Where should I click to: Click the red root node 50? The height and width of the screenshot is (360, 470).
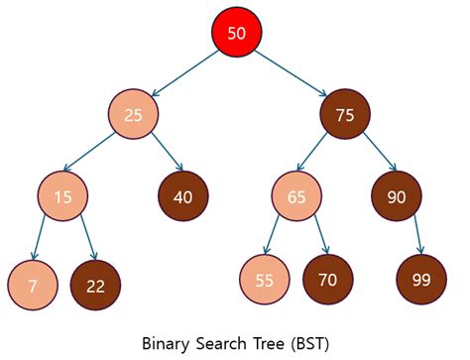point(236,33)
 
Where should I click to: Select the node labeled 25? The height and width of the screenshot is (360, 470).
point(134,115)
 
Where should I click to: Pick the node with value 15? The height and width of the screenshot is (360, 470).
point(62,197)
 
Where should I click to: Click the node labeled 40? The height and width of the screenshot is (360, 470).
point(182,197)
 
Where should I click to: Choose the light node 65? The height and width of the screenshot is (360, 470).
point(296,197)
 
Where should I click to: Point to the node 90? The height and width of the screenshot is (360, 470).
point(397,197)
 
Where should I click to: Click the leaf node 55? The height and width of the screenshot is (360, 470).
point(264,281)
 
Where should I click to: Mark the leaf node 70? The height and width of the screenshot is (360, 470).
point(327,280)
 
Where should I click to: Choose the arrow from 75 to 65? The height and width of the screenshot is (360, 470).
point(316,157)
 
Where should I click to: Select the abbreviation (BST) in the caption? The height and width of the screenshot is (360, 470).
point(306,342)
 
